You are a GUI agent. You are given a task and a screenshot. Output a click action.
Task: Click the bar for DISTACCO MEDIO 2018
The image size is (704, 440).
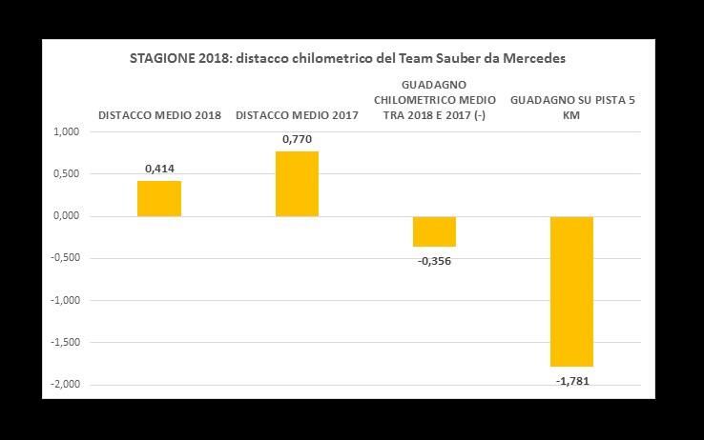159,199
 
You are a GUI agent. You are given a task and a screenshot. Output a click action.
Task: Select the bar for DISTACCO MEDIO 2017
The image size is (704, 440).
297,184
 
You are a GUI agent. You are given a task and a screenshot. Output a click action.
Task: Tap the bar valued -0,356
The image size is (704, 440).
434,231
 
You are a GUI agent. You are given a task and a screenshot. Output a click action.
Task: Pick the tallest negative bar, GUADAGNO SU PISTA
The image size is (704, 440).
571,291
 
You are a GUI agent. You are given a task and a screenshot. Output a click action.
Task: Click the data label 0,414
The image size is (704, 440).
159,170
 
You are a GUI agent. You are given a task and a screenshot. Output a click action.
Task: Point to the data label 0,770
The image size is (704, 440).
297,140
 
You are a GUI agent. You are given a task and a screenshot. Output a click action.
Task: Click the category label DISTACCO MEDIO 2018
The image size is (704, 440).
159,115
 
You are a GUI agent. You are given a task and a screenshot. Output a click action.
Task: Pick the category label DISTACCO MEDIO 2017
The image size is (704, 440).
297,115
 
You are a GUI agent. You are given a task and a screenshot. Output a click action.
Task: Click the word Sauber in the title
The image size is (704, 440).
441,59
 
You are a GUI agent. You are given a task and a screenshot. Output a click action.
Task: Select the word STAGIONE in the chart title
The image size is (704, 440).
159,59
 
